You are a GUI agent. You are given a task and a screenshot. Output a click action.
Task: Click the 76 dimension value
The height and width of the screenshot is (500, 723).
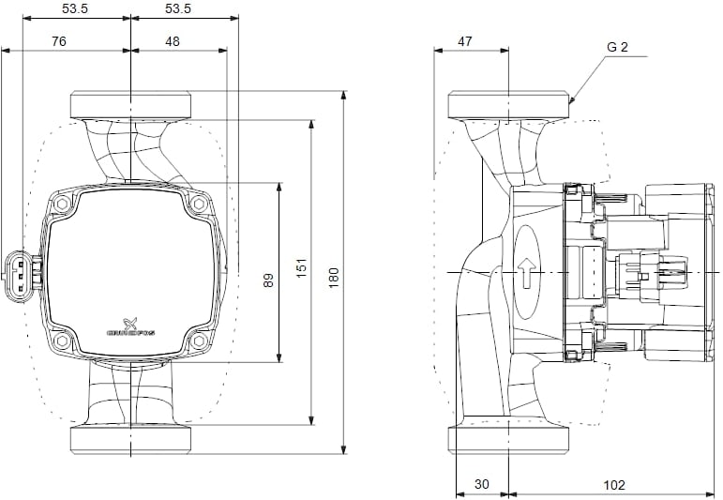[58, 40]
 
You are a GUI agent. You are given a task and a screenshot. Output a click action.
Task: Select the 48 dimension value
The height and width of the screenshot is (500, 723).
[173, 40]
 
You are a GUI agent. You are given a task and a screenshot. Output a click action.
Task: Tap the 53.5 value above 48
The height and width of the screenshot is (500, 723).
[178, 8]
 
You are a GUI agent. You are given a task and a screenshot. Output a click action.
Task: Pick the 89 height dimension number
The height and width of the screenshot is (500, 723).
[268, 280]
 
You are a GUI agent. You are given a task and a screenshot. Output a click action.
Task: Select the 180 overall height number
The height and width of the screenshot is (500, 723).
[333, 276]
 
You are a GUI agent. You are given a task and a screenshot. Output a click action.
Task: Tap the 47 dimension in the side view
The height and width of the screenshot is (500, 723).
[464, 40]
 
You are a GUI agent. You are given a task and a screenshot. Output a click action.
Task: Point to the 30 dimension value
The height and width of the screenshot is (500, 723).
[481, 484]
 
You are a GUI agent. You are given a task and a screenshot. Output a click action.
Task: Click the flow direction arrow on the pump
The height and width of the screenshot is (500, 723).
[527, 273]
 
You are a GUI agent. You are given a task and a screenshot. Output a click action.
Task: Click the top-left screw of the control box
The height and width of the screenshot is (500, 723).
[62, 204]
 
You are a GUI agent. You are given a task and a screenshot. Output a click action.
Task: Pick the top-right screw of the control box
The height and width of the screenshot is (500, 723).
[198, 204]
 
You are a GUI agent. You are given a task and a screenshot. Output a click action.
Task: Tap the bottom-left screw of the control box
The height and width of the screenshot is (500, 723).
[62, 341]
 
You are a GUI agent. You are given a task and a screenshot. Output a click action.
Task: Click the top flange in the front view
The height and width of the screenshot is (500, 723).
[131, 103]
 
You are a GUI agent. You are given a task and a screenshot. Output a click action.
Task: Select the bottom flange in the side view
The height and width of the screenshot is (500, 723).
[508, 440]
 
